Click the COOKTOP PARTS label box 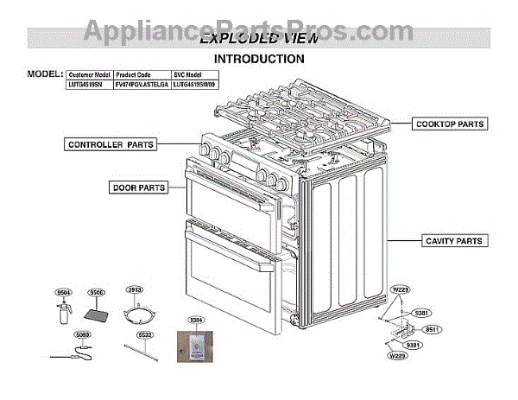[450, 124]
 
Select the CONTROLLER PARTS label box [111, 144]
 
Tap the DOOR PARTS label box [139, 187]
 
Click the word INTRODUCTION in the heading [259, 59]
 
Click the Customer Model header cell [89, 75]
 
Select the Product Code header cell [142, 75]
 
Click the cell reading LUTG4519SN [89, 85]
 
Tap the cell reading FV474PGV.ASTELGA [142, 85]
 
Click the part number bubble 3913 [135, 290]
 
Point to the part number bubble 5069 [81, 334]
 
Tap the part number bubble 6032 [144, 334]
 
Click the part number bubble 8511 [433, 329]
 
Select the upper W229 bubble [400, 289]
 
